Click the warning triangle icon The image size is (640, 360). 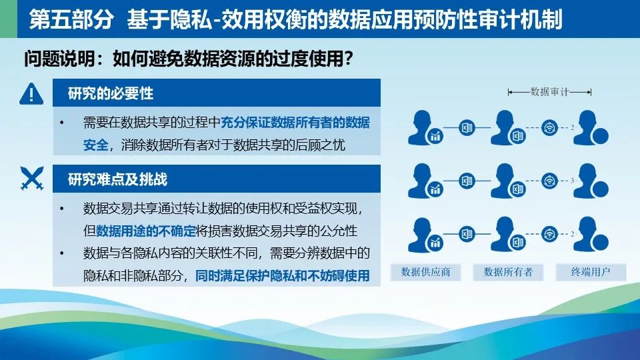pyautogui.click(x=31, y=94)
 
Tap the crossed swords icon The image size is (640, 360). pyautogui.click(x=32, y=179)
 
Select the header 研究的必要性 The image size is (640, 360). pyautogui.click(x=111, y=93)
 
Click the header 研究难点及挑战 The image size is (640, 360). pyautogui.click(x=117, y=179)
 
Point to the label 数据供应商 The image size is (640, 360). pyautogui.click(x=425, y=272)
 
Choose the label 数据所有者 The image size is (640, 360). pyautogui.click(x=508, y=272)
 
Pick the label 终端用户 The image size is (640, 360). pyautogui.click(x=591, y=272)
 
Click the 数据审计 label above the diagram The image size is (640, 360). pyautogui.click(x=549, y=92)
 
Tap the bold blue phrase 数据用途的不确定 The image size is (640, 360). pyautogui.click(x=146, y=231)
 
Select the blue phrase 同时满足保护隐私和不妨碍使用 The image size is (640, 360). pyautogui.click(x=283, y=275)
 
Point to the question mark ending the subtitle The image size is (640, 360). pyautogui.click(x=348, y=59)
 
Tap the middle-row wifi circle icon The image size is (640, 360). pyautogui.click(x=549, y=181)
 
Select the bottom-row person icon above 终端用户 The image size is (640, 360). pyautogui.click(x=591, y=234)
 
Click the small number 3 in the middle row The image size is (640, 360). pyautogui.click(x=572, y=181)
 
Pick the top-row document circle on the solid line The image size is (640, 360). pyautogui.click(x=467, y=128)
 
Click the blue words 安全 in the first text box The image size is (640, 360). pyautogui.click(x=95, y=145)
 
